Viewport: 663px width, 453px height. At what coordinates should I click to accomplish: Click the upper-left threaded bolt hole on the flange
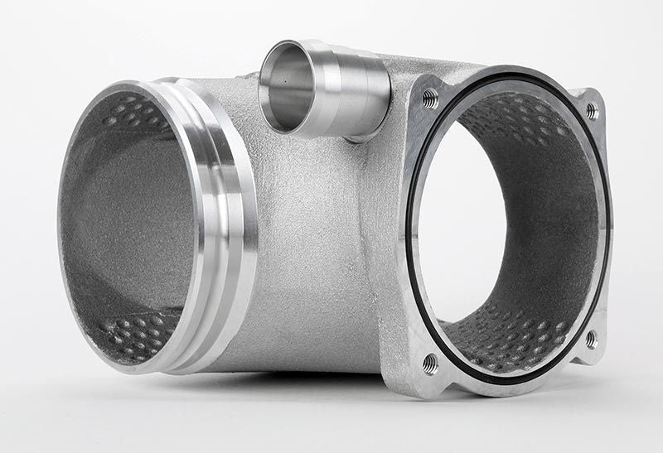coord(430,99)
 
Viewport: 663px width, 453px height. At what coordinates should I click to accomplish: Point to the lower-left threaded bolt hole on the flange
coord(430,361)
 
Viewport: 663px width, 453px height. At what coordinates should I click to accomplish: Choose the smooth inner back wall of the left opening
coord(124,224)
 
